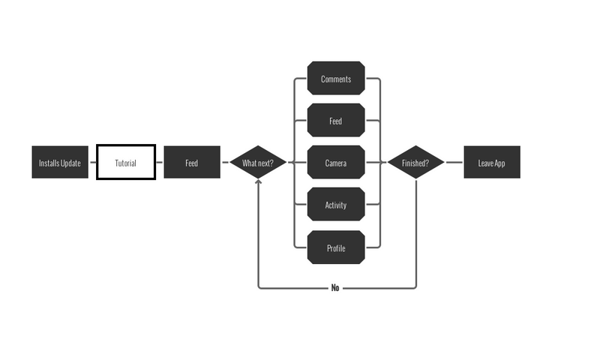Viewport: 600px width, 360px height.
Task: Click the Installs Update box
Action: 60,163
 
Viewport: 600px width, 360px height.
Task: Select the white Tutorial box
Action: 126,163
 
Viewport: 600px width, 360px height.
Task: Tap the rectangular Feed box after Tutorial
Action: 192,163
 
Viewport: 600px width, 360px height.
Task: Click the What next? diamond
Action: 258,163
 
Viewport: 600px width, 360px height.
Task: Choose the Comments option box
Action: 336,79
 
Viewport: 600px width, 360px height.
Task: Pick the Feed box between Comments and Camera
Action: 336,121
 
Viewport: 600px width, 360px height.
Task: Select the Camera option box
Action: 336,163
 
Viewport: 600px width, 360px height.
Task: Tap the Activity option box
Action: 336,205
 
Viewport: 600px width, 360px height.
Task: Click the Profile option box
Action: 336,247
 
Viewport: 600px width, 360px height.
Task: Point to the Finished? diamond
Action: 415,163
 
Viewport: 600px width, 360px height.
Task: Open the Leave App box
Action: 492,163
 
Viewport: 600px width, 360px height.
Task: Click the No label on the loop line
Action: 335,288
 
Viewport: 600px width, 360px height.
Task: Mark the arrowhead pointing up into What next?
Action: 258,181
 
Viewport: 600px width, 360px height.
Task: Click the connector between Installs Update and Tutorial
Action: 93,163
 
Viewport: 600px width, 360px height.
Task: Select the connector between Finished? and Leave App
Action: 454,163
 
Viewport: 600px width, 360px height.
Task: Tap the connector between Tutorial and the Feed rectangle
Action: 160,163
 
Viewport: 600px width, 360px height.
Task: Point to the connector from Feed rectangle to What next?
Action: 225,163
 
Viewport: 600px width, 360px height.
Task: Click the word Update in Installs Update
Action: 70,163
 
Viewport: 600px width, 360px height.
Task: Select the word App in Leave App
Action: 500,163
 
